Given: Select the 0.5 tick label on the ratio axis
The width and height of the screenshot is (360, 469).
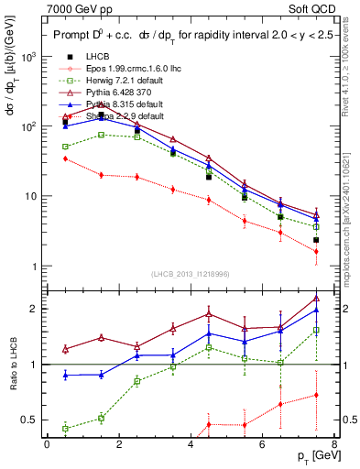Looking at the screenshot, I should click(28, 420).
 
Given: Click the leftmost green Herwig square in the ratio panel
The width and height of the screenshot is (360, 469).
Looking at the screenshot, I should click(65, 428).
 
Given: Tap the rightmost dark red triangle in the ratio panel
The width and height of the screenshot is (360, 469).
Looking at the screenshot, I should click(316, 298).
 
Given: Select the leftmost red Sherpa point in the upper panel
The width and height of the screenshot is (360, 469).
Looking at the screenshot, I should click(65, 158).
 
